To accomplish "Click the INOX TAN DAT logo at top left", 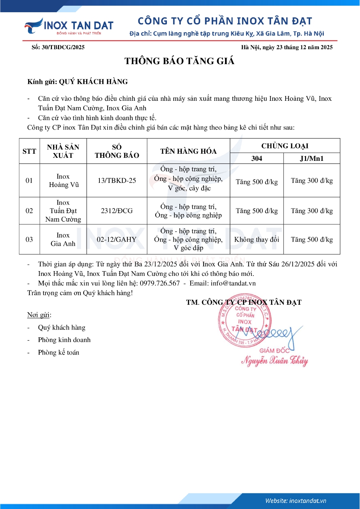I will coord(69,26).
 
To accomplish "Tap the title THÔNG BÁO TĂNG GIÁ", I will coord(179,61).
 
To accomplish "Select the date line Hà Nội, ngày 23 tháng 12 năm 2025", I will coord(287,47).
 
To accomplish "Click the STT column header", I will coord(29,151).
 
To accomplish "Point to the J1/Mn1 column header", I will coord(311,158).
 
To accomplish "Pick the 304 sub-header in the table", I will coord(257,158).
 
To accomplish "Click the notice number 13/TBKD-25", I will coord(117,181).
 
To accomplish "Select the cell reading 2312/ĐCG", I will coord(117,211).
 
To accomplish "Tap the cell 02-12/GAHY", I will coord(117,240).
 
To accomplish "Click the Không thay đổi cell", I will coord(257,240).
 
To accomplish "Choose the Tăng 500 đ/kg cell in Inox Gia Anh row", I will coord(311,240).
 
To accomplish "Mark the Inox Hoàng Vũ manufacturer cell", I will coord(63,181).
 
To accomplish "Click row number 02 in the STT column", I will coord(29,211).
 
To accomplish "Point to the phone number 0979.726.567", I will coord(160,283).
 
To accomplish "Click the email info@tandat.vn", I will coord(233,283).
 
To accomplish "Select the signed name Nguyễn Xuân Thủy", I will coord(274,361).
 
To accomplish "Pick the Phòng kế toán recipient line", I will coord(58,353).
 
